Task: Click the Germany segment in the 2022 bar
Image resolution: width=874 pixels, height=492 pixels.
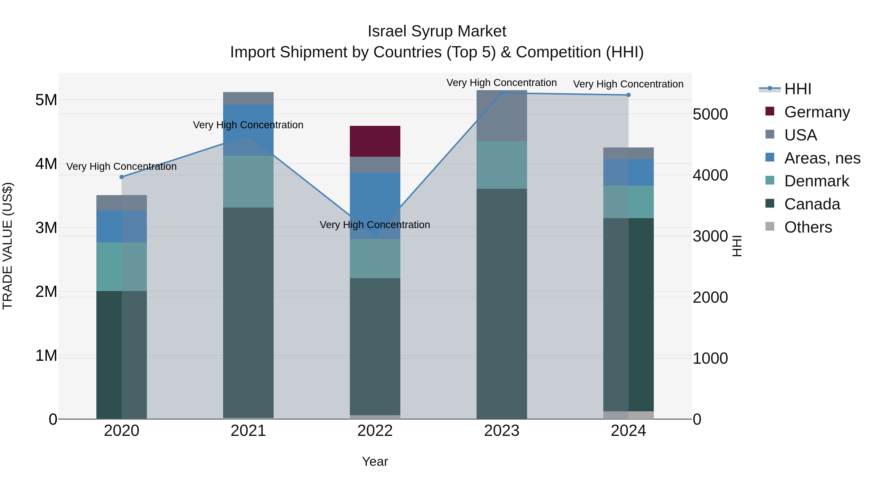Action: coord(375,141)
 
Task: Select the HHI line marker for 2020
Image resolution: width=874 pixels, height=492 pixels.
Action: coord(121,177)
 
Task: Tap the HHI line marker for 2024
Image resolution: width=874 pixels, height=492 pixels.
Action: coord(628,95)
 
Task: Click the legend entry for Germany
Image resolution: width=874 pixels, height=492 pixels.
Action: coord(817,112)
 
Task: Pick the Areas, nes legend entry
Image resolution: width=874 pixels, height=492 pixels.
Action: coord(822,158)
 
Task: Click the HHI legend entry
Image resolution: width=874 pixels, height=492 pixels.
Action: coord(797,89)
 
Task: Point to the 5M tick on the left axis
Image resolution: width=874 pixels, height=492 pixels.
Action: coord(46,100)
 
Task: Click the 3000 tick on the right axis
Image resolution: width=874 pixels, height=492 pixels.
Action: coord(710,236)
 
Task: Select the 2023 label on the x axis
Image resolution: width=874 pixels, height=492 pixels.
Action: coord(502,431)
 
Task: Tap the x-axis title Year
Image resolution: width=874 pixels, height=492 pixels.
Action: coord(375,461)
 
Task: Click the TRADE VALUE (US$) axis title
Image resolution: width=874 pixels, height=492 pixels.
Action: coord(8,246)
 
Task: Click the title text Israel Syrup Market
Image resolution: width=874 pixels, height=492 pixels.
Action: coord(437,31)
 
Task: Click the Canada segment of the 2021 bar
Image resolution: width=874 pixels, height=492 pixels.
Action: coord(248,312)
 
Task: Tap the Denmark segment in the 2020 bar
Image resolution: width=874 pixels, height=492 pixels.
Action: coord(121,267)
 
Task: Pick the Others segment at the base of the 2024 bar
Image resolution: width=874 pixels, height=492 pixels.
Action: coord(628,415)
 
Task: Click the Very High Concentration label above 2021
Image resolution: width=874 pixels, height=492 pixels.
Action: coord(248,125)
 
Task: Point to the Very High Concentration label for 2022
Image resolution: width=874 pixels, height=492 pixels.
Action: coord(375,225)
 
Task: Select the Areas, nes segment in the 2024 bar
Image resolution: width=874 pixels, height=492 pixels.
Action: coord(628,172)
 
